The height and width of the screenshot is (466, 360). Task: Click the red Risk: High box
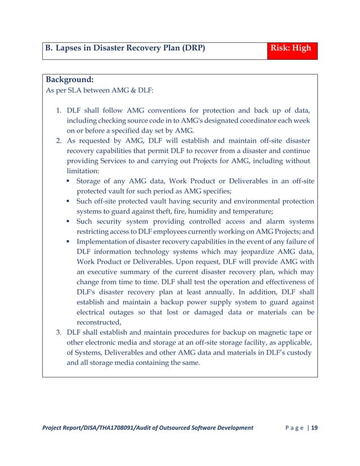click(x=292, y=49)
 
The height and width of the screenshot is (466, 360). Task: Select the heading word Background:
click(x=69, y=80)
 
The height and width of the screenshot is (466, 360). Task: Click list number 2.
click(x=58, y=139)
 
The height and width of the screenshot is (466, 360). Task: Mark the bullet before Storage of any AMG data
click(x=68, y=181)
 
